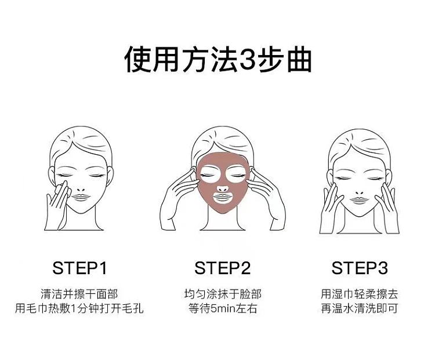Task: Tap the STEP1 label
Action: pos(79,268)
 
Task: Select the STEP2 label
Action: pos(222,268)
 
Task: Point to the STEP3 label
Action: pos(359,268)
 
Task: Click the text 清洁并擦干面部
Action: pos(79,294)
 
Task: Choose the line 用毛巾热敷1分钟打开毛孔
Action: pos(79,308)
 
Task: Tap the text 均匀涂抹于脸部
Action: pos(223,294)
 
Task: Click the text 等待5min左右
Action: pos(223,308)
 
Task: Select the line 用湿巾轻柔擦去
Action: pos(359,294)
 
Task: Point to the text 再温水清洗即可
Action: pos(359,308)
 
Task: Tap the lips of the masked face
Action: pos(223,197)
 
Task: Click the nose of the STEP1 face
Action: pos(81,190)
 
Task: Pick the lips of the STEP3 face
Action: pos(359,200)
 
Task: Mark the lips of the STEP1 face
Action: pos(81,197)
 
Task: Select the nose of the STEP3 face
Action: pos(359,192)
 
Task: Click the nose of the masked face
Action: pos(223,189)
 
